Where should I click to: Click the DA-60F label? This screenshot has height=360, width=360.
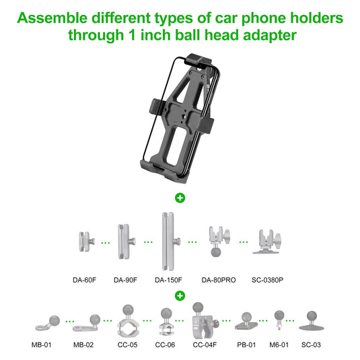click(x=85, y=280)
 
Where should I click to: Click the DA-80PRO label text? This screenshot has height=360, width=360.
click(x=217, y=280)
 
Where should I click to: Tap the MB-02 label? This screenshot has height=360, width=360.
click(x=85, y=345)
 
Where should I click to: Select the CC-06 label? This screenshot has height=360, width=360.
click(x=165, y=345)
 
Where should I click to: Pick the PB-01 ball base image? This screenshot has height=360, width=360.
click(x=246, y=322)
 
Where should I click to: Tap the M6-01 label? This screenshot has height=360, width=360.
click(x=279, y=345)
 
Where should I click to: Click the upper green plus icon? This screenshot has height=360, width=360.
click(x=180, y=198)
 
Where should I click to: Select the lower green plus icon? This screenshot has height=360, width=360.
click(x=180, y=295)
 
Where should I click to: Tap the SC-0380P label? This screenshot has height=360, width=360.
click(x=267, y=280)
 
